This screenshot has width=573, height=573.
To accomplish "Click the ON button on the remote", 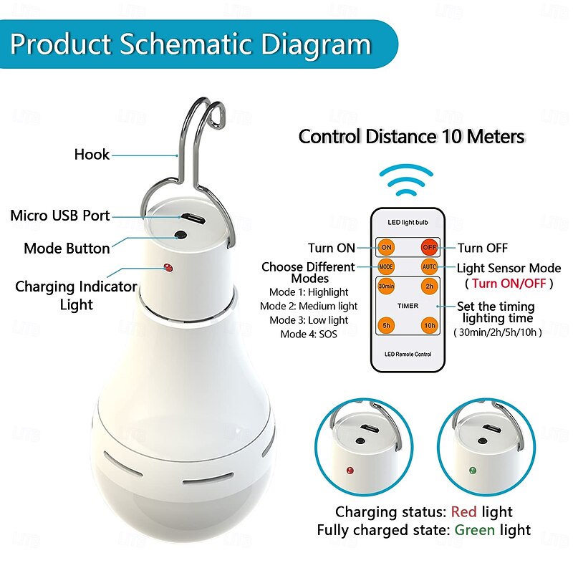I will [386, 248].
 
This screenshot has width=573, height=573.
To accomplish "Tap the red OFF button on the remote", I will [429, 248].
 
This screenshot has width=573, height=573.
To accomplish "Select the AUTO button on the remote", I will [429, 267].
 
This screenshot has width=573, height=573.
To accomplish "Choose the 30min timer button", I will [386, 286].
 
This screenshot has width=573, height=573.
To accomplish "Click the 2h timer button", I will [429, 286].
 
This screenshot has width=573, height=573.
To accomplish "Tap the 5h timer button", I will [386, 324].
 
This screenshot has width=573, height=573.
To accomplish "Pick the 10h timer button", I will [429, 324].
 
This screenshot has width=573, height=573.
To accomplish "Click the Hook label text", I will [92, 154].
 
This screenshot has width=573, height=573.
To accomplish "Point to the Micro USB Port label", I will [60, 216].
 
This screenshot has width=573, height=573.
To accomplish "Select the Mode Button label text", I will [67, 249].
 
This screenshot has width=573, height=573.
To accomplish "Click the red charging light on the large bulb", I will [166, 268].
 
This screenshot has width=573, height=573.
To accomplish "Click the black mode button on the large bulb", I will [178, 235].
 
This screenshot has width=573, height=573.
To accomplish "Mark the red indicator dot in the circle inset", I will [350, 471].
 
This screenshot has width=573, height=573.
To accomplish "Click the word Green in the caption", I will [473, 530].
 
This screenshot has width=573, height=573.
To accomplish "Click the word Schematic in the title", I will [185, 44].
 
